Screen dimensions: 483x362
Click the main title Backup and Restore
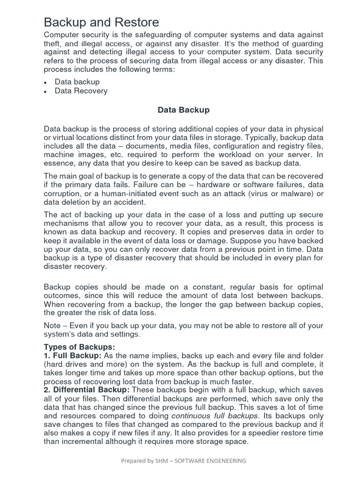pos(101,22)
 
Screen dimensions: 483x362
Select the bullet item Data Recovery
pos(81,91)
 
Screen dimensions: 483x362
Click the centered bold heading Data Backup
pos(183,110)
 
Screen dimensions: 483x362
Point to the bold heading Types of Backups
pos(79,347)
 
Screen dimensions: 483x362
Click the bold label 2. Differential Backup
pos(87,390)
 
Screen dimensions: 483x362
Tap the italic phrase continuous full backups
pos(215,416)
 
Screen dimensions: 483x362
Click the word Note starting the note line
pos(52,325)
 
